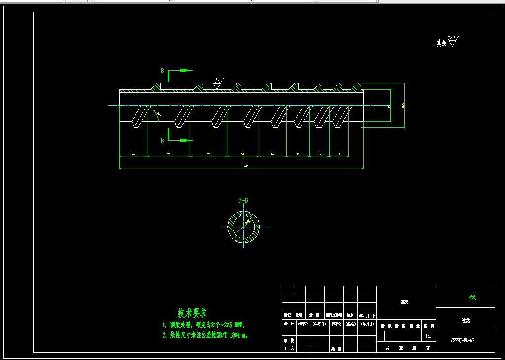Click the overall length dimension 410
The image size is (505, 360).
pos(246,166)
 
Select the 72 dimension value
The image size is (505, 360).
pos(168,154)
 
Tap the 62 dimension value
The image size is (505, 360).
pos(208,154)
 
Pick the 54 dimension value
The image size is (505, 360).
pos(243,154)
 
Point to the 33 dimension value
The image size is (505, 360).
pos(338,154)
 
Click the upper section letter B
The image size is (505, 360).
pos(162,71)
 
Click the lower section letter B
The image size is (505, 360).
pos(162,140)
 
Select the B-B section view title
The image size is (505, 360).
pos(243,200)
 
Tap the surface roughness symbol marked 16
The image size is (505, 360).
pos(218,82)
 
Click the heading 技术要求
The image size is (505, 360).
pos(193,313)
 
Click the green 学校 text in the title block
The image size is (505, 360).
pos(472,298)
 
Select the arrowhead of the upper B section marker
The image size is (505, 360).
pos(187,70)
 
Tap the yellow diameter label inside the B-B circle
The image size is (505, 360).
pos(248,222)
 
